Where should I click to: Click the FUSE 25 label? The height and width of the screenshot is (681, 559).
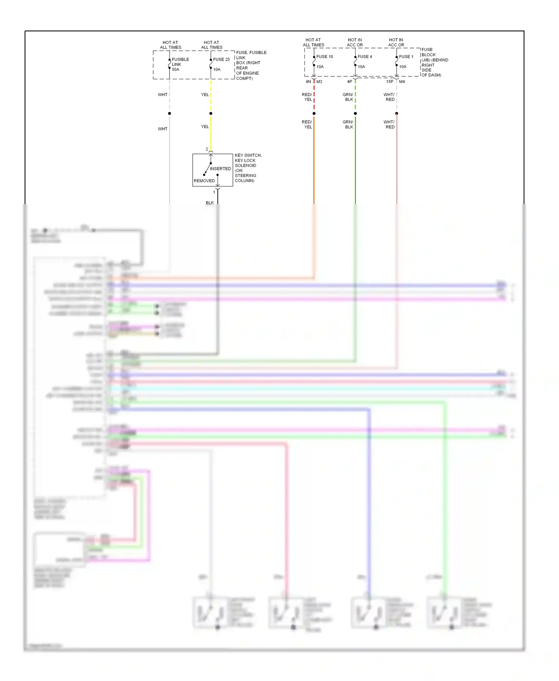point(221,59)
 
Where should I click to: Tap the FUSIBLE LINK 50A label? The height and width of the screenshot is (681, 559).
point(180,64)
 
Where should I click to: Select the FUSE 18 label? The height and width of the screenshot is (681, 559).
point(325,57)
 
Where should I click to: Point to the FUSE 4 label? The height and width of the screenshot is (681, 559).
point(365,57)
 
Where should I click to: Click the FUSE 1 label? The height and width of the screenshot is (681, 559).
point(406,57)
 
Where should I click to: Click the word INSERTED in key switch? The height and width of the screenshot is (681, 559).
point(220,169)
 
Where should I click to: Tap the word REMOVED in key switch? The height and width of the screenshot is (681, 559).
point(204,181)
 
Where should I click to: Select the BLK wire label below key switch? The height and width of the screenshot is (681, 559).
point(210,203)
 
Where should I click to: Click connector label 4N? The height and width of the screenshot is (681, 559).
point(308,82)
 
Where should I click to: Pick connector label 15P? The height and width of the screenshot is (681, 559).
point(389,82)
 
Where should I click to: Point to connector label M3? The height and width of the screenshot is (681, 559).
point(319,82)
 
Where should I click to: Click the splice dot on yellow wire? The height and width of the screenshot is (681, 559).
point(211,113)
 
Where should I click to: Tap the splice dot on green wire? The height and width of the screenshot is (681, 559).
point(355,113)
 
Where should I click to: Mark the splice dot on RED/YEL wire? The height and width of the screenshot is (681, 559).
point(314,113)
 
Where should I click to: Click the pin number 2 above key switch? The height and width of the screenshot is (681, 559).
point(207,149)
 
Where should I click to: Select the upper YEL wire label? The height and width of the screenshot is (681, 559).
point(205,95)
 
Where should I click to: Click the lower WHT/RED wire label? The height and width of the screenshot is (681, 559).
point(389,124)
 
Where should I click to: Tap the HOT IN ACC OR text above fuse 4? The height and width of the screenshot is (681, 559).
point(355,42)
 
